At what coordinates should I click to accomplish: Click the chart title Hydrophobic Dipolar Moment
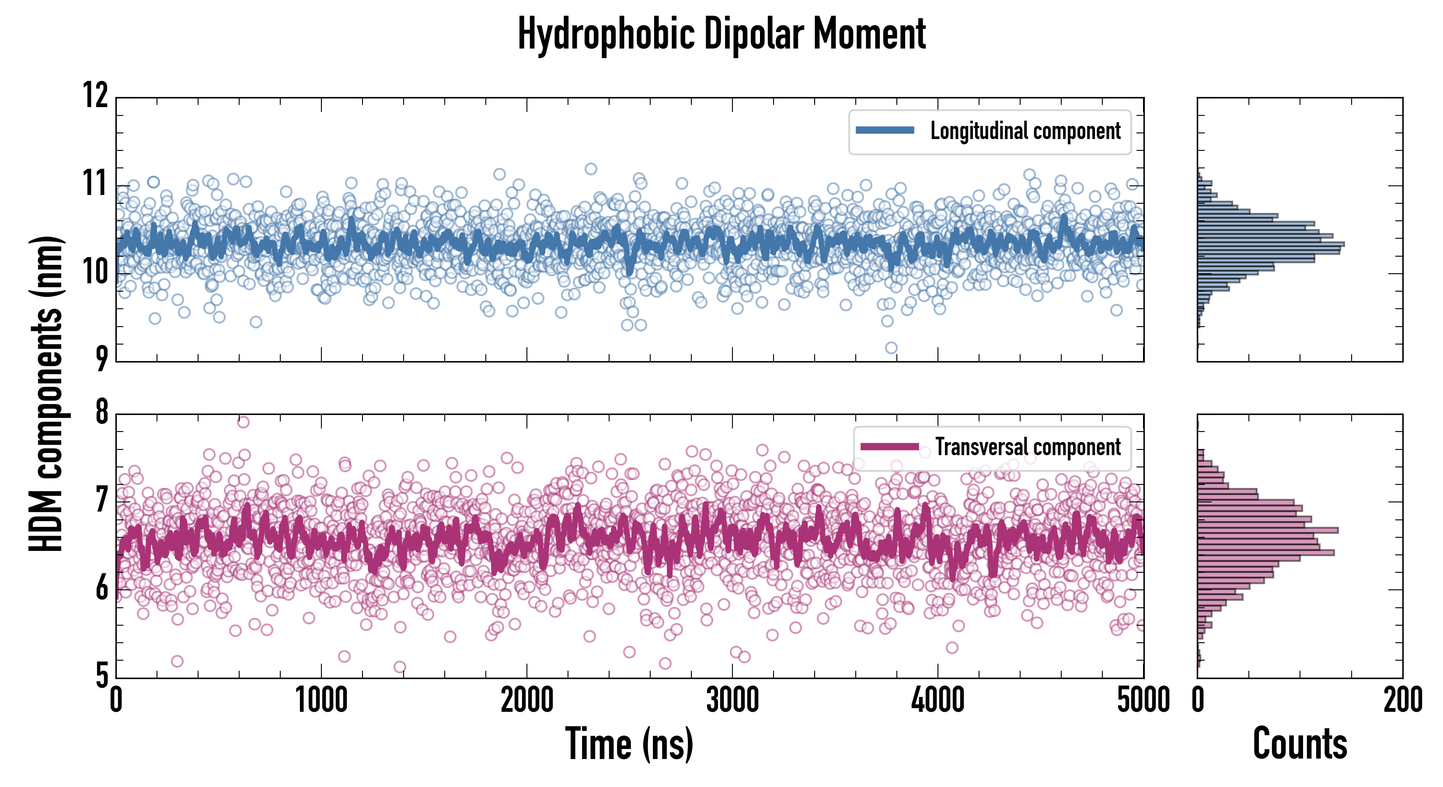pos(721,35)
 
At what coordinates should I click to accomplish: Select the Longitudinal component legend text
pos(1025,131)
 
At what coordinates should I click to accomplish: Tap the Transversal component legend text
pos(1028,447)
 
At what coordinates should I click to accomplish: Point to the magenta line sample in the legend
pos(889,446)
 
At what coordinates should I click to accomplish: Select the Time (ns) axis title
pos(629,743)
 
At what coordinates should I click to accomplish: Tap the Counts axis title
pos(1300,743)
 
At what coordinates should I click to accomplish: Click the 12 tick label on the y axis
pos(96,95)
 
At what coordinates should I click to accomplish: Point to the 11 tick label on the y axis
pos(96,183)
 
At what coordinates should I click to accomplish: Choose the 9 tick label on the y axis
pos(101,359)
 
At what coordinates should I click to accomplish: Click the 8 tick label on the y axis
pos(101,412)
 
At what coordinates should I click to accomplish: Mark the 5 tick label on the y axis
pos(101,675)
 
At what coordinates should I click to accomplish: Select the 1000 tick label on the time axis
pos(321,700)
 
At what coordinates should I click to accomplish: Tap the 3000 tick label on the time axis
pos(732,700)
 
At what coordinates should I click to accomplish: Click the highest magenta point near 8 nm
pos(243,422)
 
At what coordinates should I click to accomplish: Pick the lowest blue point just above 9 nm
pos(891,348)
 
